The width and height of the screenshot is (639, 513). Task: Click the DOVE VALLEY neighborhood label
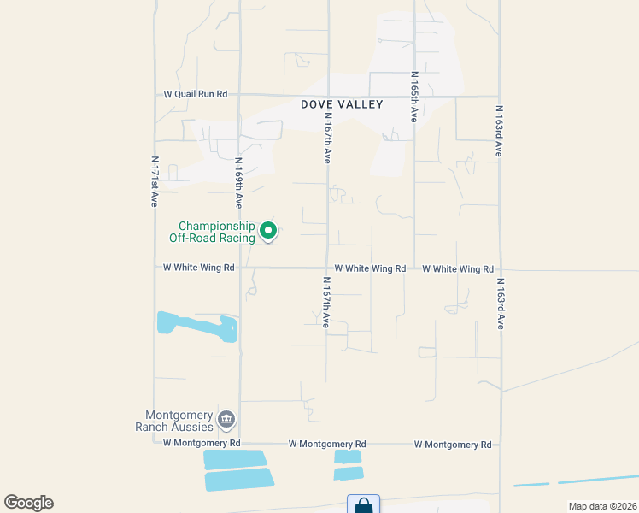[x=342, y=104]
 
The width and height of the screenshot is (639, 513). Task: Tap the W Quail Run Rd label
[x=196, y=95]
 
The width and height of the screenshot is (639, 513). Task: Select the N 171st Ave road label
[x=155, y=181]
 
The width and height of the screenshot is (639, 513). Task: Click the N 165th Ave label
[x=413, y=97]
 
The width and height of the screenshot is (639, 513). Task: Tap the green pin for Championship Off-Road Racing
[x=268, y=230]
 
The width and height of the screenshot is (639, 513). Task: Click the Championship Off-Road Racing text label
[x=217, y=232]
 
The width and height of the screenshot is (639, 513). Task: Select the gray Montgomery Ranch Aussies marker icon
[x=226, y=419]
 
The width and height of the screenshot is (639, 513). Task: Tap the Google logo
[x=28, y=503]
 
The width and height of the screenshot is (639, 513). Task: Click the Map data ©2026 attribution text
[x=601, y=506]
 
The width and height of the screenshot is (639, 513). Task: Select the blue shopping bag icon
[x=363, y=505]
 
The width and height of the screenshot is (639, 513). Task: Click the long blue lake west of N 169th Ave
[x=197, y=326]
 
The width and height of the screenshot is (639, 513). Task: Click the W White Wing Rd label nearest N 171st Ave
[x=198, y=268]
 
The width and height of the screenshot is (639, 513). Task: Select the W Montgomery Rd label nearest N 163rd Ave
[x=453, y=445]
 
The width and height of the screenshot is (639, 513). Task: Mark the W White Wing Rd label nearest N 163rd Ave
[x=458, y=268]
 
